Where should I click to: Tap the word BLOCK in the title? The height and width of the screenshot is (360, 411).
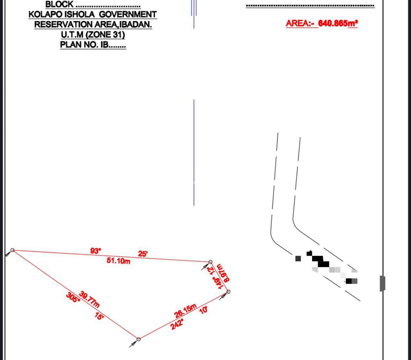59,4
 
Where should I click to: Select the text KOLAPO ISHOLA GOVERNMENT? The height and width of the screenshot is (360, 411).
92,15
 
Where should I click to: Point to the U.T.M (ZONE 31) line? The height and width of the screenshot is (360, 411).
92,35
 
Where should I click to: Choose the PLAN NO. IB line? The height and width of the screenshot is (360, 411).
93,45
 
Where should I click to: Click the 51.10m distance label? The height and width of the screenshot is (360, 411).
119,261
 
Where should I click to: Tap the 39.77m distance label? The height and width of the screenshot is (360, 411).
89,299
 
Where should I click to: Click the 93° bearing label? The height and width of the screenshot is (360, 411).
96,251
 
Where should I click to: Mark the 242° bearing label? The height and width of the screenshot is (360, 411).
177,324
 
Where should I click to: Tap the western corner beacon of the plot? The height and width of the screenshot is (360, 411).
12,250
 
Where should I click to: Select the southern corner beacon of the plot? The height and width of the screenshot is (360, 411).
138,339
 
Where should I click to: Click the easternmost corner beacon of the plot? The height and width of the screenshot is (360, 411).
228,292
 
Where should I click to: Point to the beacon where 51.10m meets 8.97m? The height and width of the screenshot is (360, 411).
211,262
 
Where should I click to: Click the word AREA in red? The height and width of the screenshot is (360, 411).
297,23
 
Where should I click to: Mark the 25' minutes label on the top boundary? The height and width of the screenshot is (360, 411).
143,254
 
